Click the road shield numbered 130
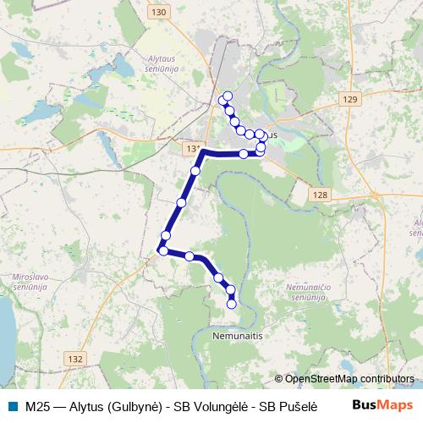[157, 13]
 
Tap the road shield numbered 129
[351, 100]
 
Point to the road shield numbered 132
[74, 359]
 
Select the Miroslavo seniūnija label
[32, 281]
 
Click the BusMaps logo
[382, 405]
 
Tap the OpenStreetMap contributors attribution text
[348, 379]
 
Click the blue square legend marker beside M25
[12, 405]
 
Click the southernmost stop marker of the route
[232, 304]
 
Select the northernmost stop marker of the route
[228, 94]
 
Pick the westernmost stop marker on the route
[162, 250]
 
